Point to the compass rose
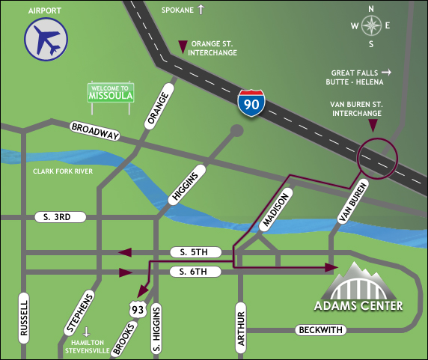370,25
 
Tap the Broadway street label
95,131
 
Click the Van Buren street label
352,201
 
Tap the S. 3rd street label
61,217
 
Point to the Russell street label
25,320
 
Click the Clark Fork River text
62,171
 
